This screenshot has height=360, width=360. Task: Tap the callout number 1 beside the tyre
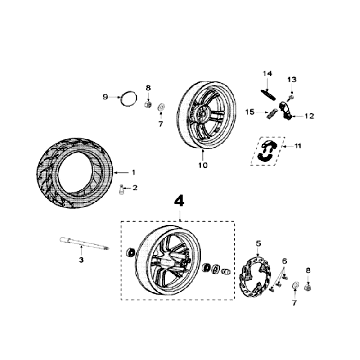click(134, 172)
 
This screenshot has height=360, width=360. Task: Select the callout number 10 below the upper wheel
click(203, 165)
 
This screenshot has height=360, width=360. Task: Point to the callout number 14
click(267, 74)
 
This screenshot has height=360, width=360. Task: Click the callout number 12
click(309, 116)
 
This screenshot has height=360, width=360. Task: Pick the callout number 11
click(297, 146)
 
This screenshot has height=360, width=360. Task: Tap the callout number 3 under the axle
click(81, 260)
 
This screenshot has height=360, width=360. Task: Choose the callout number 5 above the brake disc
click(258, 244)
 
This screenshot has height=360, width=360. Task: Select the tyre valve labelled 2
click(122, 190)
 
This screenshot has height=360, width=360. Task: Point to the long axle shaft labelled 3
click(84, 243)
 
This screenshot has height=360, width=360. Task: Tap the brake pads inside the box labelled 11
click(267, 151)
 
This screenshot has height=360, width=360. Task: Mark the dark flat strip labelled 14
click(268, 94)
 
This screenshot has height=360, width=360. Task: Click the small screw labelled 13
click(290, 97)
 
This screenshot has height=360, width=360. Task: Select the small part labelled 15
click(271, 113)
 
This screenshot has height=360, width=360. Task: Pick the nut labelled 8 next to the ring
click(148, 104)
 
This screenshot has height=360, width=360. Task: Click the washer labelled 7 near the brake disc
click(295, 286)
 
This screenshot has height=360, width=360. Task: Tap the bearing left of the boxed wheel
click(131, 252)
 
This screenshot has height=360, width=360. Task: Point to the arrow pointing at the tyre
click(121, 172)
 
